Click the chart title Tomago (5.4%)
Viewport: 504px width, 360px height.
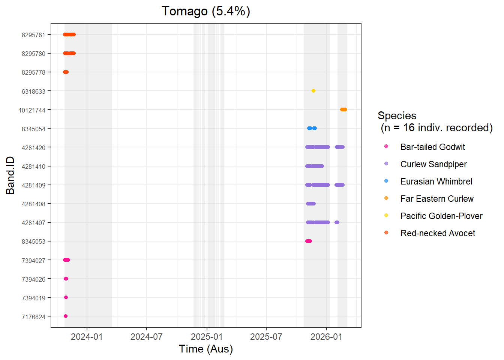pos(206,11)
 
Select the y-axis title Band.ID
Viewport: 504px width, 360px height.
pos(10,175)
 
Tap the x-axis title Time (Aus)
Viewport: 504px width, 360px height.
pos(206,349)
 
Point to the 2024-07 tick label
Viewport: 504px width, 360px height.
pos(146,337)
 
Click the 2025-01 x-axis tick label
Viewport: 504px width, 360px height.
pos(207,337)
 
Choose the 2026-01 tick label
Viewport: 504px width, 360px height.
pos(326,337)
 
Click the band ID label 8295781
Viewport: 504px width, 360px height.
pos(33,35)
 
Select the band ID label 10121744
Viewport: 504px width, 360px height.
pos(32,110)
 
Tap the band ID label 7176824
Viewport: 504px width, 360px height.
pos(33,317)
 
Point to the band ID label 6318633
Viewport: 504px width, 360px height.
pos(33,91)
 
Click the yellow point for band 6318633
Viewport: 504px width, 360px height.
pos(313,91)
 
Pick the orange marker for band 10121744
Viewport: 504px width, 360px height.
pos(343,109)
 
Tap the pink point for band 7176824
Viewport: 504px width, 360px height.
pos(66,316)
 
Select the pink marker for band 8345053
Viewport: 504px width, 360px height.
pos(309,241)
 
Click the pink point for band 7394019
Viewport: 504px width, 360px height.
pos(66,297)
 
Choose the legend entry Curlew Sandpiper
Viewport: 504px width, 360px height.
pos(433,164)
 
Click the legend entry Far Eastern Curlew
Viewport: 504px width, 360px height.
pos(437,199)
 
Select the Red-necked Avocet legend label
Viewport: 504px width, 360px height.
pos(438,233)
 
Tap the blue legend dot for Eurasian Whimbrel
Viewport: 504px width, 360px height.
pos(386,181)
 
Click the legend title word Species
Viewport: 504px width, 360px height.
pos(397,115)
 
